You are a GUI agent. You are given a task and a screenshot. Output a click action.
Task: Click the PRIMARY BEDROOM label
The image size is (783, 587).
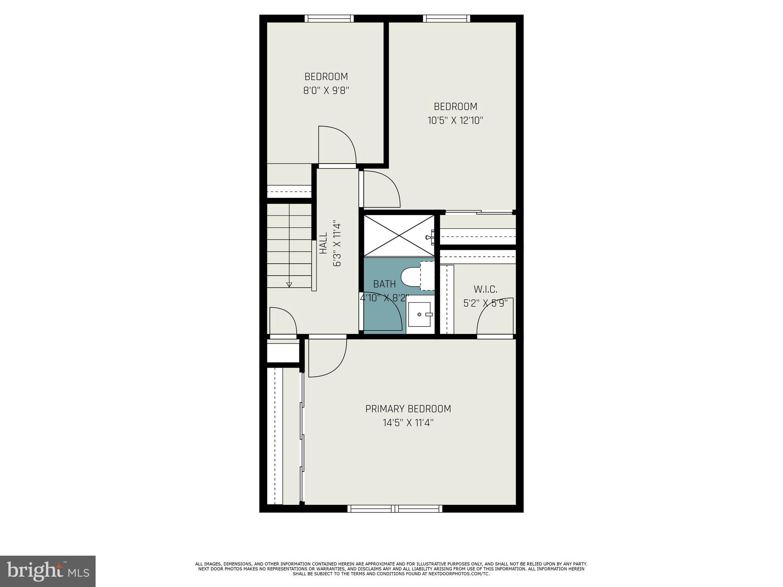[408, 409]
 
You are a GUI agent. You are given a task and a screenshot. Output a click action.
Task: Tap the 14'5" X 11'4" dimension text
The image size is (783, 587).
[408, 423]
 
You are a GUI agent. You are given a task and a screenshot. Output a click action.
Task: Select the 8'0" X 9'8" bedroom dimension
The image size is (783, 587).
[326, 91]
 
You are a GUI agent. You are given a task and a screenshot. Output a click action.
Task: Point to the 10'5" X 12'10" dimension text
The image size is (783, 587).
[455, 121]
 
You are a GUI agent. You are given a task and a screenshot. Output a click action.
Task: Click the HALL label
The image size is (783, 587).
[323, 243]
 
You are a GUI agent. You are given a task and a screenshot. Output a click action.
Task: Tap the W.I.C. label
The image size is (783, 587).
[485, 289]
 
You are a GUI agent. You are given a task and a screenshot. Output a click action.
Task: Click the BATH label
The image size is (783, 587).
[384, 284]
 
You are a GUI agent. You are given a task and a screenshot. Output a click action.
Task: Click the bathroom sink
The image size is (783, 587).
[419, 314]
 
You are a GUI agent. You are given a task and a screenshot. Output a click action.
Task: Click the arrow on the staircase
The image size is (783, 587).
[289, 284]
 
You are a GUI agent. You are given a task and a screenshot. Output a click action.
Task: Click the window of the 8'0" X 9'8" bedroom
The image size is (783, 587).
[329, 18]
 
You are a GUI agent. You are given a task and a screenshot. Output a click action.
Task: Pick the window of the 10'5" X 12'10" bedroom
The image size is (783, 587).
[446, 18]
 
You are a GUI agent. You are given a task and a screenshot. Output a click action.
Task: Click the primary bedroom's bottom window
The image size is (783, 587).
[395, 509]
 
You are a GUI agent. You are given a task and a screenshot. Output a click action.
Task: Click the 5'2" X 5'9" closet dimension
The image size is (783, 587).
[485, 303]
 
